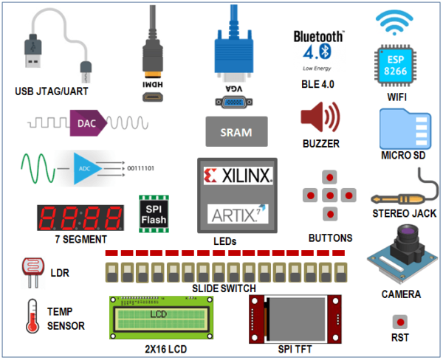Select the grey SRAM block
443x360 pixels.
[x=236, y=133]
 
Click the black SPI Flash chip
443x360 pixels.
[x=154, y=212]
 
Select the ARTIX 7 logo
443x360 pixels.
[x=237, y=215]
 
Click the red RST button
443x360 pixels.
[x=400, y=322]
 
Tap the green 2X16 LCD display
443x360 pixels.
[x=158, y=316]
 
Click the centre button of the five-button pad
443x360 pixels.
[x=332, y=195]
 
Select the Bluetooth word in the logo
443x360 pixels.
[x=318, y=36]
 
